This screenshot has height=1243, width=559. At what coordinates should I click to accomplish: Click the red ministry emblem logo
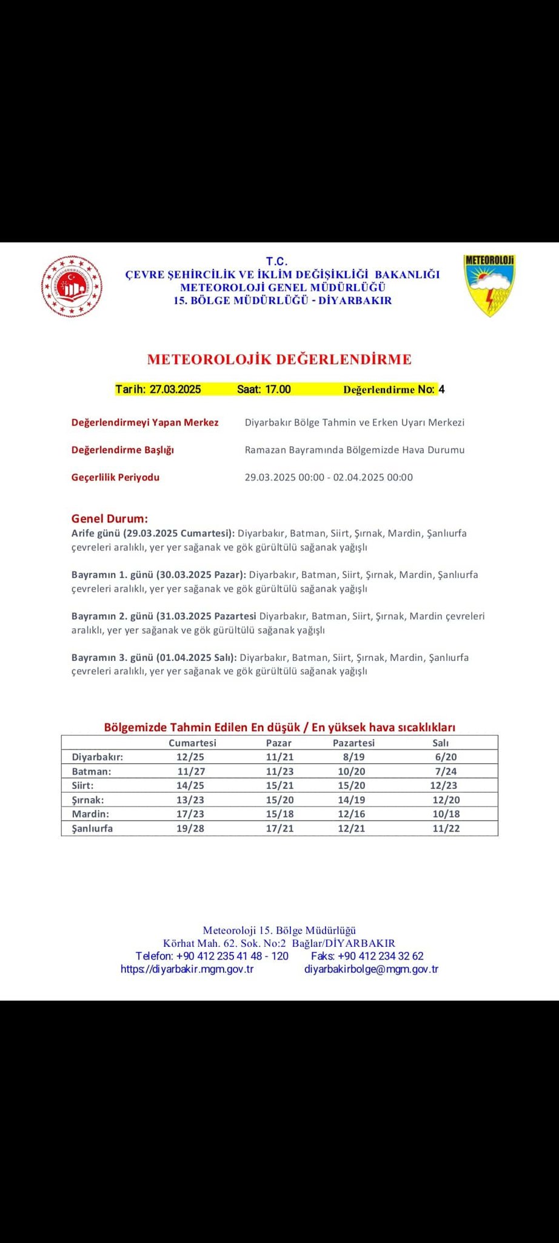72,286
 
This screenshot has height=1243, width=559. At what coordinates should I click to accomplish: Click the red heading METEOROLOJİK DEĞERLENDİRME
279,359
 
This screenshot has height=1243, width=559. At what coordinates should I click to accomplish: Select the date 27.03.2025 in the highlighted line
175,390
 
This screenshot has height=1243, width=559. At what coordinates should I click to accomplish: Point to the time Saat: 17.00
264,390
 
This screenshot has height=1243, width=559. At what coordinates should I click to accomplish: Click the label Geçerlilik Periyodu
115,477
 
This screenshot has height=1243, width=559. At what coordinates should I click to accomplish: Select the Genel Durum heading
110,519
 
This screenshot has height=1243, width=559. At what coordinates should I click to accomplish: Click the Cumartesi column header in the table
192,743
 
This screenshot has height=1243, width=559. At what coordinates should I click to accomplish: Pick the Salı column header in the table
440,743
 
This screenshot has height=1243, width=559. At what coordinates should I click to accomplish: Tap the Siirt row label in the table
82,785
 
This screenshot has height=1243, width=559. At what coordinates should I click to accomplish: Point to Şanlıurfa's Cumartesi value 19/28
190,828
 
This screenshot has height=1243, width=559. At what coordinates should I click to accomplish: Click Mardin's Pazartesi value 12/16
351,814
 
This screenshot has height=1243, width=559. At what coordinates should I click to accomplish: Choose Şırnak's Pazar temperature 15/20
279,800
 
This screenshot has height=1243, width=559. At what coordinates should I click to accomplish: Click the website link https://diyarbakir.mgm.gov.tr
187,969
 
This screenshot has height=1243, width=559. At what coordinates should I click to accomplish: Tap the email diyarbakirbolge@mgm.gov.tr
371,969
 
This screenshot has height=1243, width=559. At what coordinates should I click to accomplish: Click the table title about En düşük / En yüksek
279,727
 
